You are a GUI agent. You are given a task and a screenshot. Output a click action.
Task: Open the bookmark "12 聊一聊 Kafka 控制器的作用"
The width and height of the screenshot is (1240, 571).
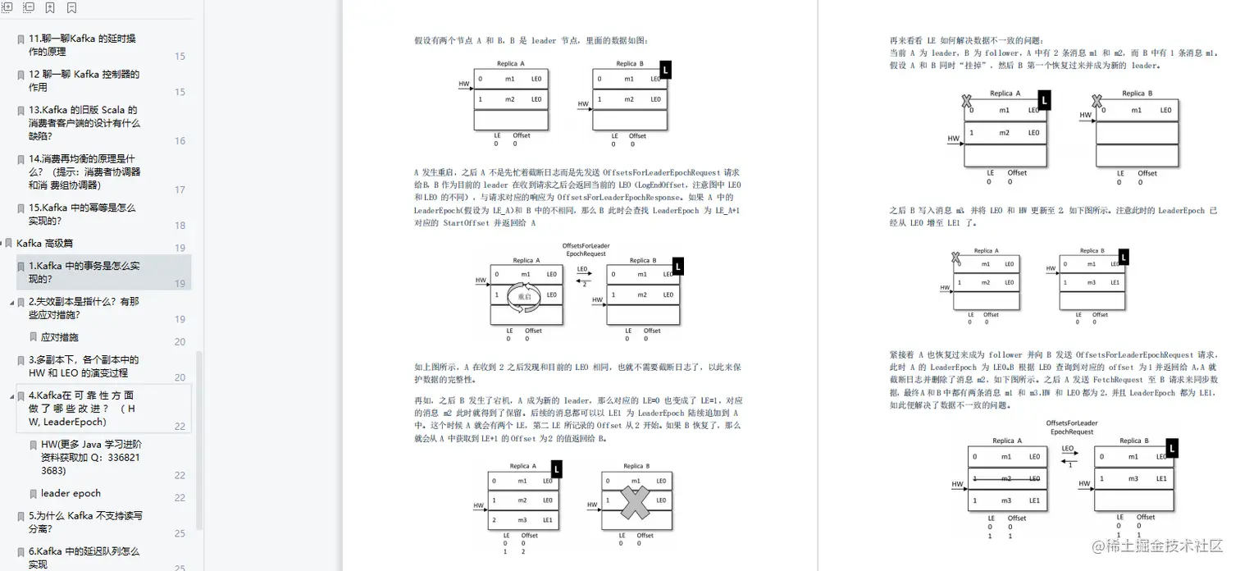point(84,80)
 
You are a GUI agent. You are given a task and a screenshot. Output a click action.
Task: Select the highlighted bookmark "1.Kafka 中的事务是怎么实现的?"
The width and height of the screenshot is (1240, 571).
point(84,272)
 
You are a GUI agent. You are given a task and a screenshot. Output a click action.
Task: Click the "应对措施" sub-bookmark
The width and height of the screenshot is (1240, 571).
point(59,336)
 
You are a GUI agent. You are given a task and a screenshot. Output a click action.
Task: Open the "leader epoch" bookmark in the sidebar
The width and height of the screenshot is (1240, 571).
point(71,493)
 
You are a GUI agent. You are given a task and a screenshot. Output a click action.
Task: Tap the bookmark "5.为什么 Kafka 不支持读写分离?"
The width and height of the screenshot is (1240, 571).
point(85,522)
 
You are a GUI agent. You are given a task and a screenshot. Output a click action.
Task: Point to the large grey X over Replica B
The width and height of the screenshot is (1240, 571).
point(635,500)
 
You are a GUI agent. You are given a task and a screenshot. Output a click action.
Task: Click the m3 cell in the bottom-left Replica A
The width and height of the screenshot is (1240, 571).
point(522,520)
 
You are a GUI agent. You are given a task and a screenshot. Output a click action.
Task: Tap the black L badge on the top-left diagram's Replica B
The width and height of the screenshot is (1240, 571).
point(665,71)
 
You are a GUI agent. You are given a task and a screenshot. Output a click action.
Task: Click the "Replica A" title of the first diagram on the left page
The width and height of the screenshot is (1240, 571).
point(510,63)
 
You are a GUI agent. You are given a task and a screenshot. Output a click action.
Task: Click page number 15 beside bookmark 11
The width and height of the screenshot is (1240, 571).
point(180,57)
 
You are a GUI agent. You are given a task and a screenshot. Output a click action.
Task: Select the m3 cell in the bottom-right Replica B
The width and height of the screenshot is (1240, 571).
point(1133,478)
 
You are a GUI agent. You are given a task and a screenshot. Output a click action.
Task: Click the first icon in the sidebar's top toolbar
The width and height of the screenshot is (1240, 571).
point(7,7)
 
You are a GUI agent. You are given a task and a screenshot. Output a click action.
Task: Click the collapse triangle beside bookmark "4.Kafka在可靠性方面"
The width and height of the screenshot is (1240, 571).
point(11,395)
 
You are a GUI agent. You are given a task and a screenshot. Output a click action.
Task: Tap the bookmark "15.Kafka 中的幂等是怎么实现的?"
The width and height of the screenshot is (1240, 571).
point(82,214)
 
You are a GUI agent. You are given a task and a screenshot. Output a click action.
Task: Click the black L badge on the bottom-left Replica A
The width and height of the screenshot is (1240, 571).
point(556,469)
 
